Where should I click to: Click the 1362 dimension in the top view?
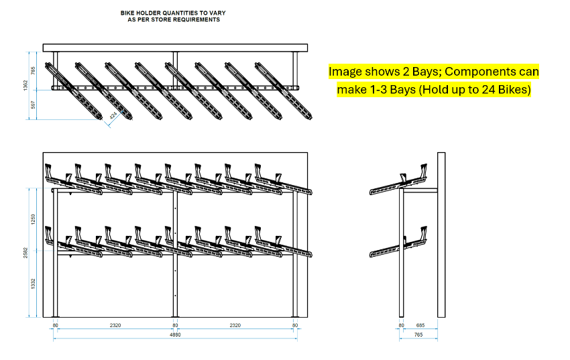25,85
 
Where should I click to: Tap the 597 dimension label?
33,105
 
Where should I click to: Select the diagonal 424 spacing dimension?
113,116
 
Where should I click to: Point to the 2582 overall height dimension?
25,253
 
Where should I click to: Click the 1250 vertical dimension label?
33,219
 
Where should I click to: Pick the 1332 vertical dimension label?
33,284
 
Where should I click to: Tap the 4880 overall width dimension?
175,335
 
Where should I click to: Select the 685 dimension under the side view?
420,325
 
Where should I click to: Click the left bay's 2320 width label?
115,325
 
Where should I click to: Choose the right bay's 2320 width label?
235,325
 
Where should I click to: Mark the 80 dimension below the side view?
401,325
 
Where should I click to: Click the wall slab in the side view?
441,235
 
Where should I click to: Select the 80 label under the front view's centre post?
175,325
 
